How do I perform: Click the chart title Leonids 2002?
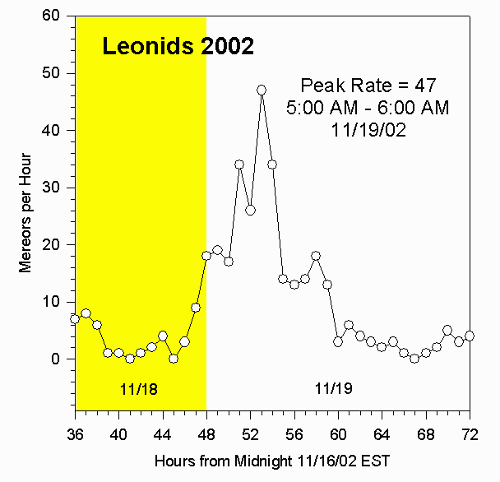coord(178,47)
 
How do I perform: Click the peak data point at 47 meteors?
coord(262,90)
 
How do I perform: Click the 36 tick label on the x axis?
coord(75,429)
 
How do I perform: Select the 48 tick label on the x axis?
coord(206,429)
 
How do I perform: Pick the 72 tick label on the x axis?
coord(470,429)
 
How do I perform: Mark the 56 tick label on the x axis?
coord(294,429)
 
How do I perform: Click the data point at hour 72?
coord(470,336)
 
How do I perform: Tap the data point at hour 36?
coord(75,318)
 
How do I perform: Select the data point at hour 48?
coord(206,256)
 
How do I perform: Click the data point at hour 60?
coord(338,341)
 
